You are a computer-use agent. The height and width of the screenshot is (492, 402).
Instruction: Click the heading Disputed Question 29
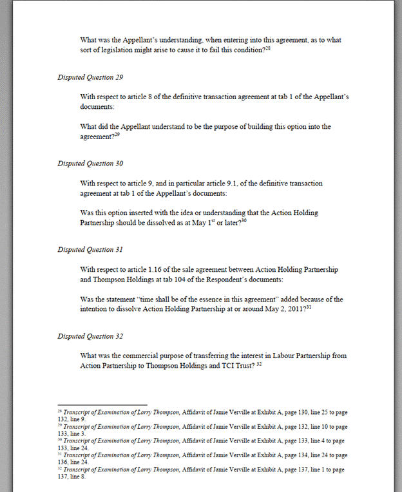pos(90,77)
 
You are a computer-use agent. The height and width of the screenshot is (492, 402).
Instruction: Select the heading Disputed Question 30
pos(90,164)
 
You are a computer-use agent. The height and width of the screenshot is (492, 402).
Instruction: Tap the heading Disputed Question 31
pos(90,249)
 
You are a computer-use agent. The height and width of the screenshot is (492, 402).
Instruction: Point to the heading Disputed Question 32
pos(90,336)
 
